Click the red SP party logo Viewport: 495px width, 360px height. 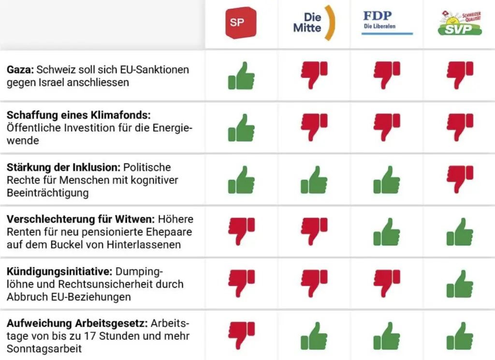click(241, 23)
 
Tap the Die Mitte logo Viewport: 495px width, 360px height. click(314, 23)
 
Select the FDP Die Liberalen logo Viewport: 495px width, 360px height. click(387, 21)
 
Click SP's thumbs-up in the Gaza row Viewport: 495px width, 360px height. click(241, 75)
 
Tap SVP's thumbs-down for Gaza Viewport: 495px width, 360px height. click(460, 75)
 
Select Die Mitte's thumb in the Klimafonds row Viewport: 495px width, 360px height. click(314, 127)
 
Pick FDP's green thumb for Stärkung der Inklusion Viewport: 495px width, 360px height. click(387, 180)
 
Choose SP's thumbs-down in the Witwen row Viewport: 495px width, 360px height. click(241, 231)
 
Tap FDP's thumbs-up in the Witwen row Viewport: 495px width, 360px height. click(387, 232)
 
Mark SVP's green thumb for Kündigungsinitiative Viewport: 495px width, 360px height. click(460, 284)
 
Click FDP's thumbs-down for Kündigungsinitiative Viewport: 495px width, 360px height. click(387, 283)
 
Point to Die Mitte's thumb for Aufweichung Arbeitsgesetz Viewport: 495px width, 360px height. click(314, 336)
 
